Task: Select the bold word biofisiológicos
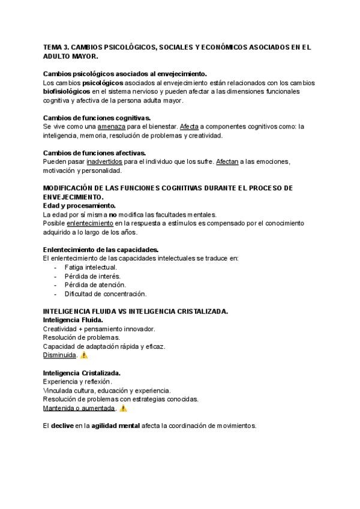pos(66,91)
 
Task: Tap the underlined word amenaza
pos(111,127)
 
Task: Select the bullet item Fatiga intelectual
pos(91,267)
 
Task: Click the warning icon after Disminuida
pos(84,355)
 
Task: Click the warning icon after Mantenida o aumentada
pos(124,408)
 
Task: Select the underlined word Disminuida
pos(59,355)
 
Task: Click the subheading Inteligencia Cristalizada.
pos(82,373)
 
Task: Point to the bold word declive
pos(63,426)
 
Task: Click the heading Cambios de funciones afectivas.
pos(95,152)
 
